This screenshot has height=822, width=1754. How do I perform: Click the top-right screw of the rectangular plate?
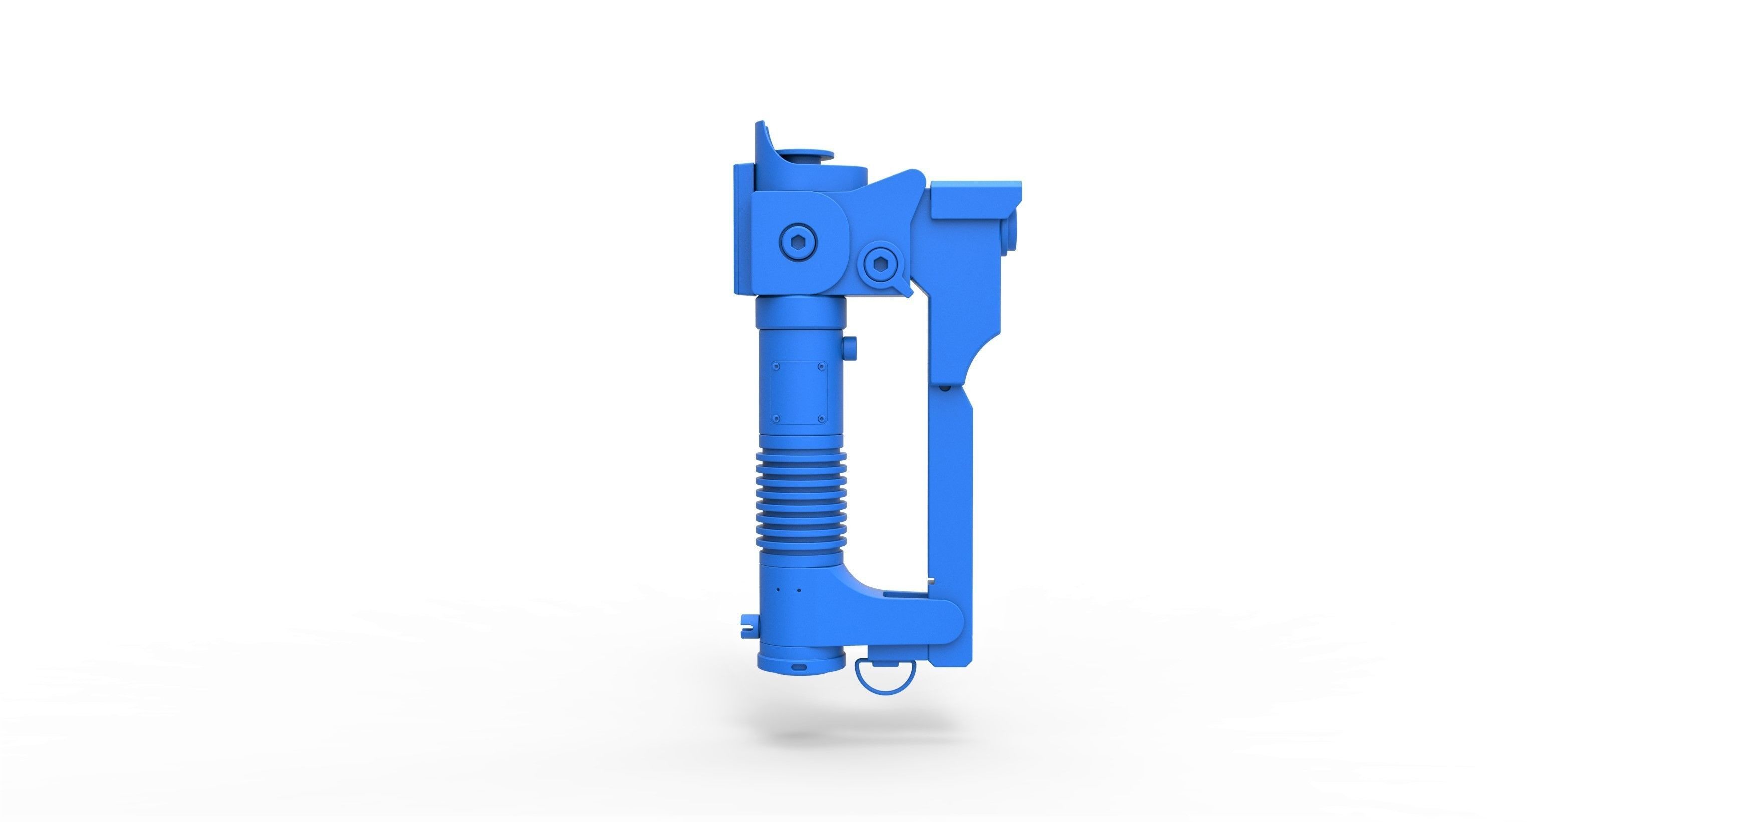(x=822, y=365)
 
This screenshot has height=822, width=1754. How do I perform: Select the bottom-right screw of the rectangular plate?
(x=822, y=417)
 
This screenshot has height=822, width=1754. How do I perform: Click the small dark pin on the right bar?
(x=945, y=388)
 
